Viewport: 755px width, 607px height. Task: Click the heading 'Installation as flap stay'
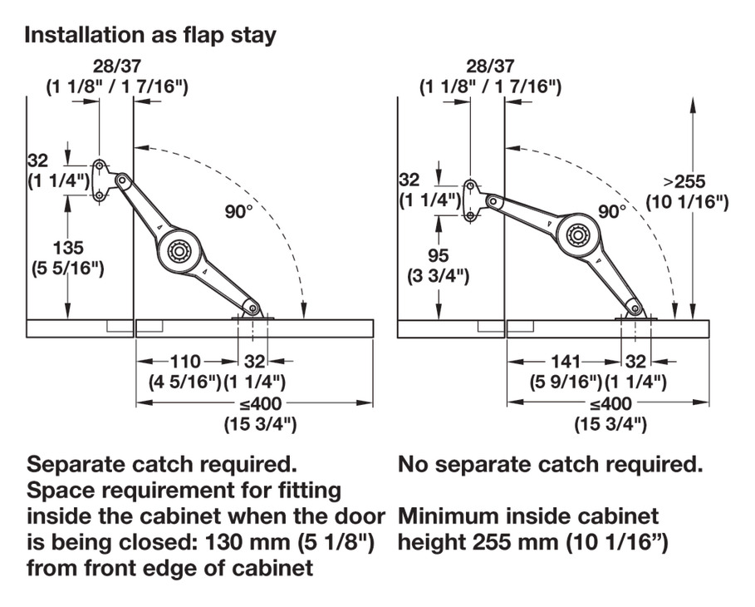[x=150, y=36]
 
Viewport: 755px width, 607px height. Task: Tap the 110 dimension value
[x=185, y=362]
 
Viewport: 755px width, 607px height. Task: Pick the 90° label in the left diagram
[x=238, y=210]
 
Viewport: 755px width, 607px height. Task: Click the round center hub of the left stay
[x=177, y=250]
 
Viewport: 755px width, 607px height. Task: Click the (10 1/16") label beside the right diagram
[x=686, y=202]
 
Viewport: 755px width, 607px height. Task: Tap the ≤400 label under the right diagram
[x=610, y=404]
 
